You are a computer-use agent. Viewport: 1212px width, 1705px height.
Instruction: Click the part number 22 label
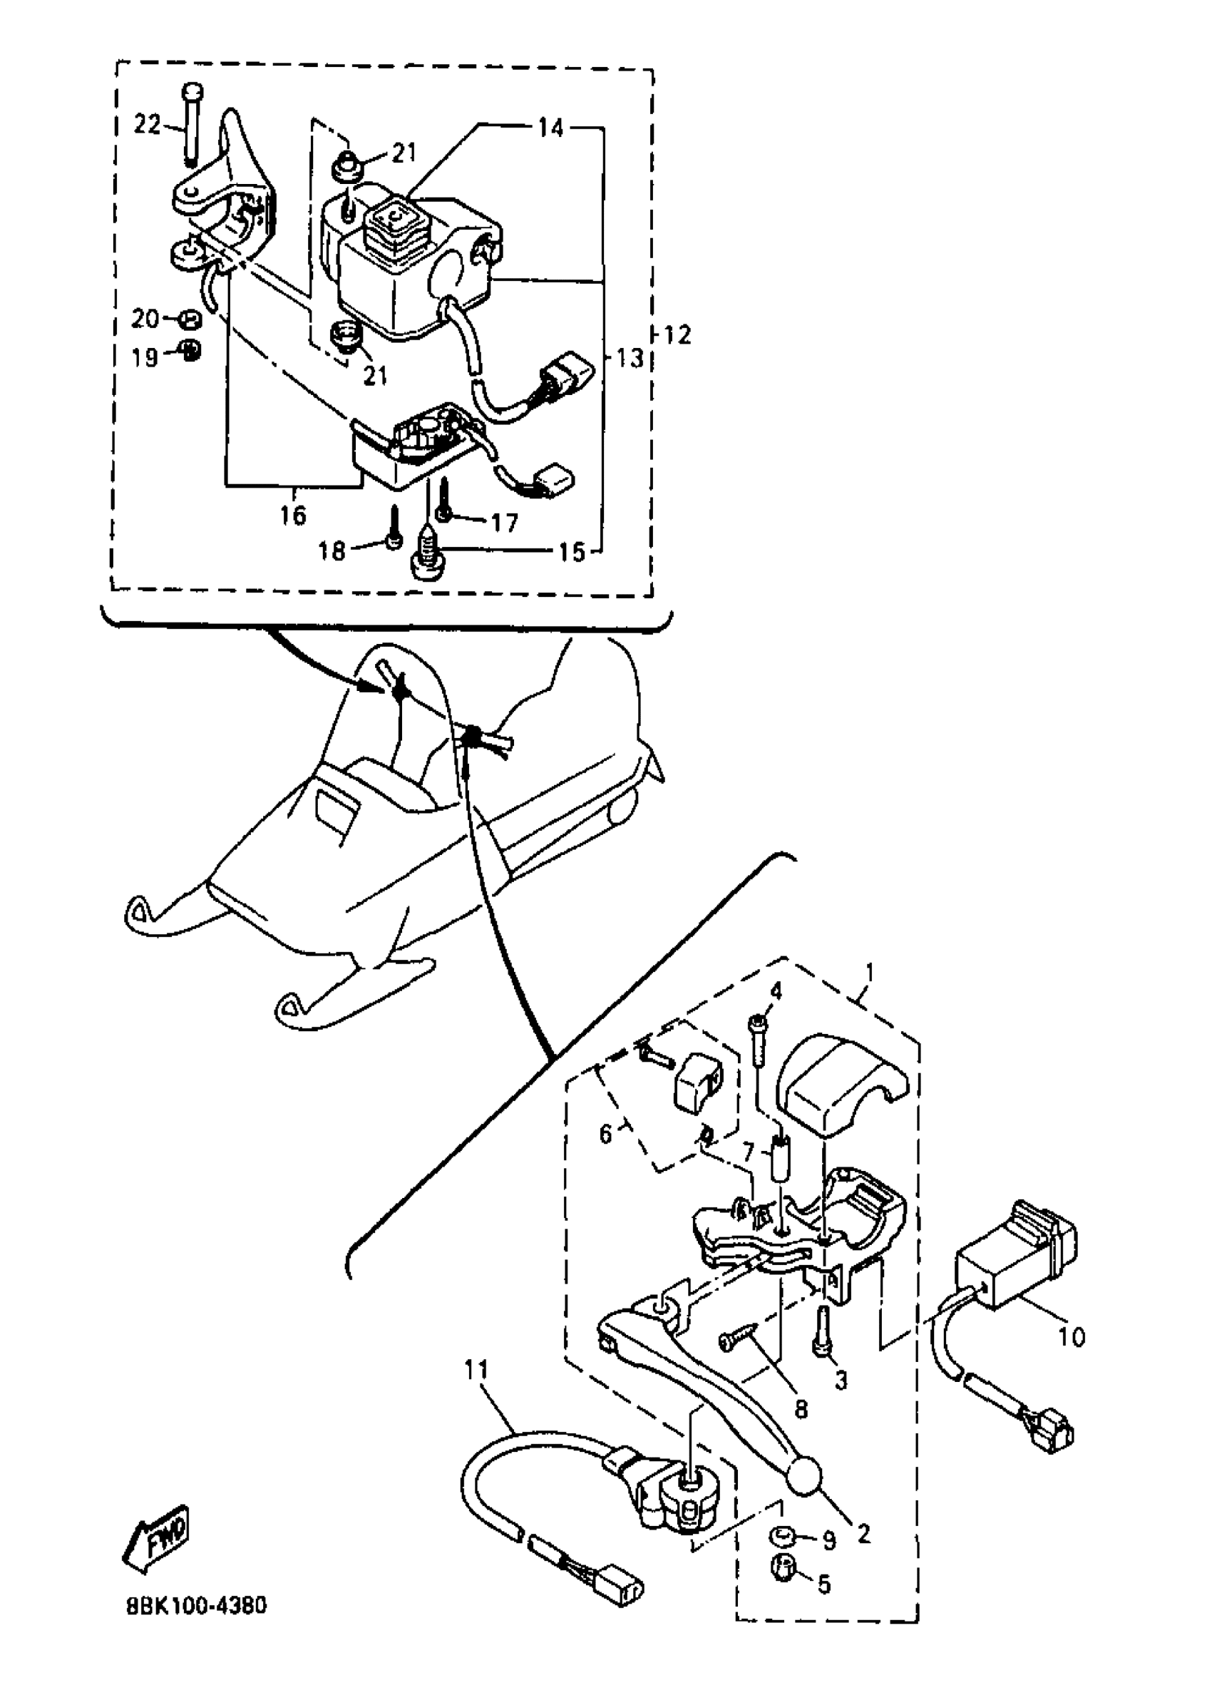click(147, 124)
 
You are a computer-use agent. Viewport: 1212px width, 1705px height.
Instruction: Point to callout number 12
click(677, 335)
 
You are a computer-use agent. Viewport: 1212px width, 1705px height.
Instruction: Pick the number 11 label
click(476, 1370)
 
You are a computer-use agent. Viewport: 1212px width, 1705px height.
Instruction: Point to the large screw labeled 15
click(428, 555)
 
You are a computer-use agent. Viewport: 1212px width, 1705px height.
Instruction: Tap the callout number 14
click(551, 128)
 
